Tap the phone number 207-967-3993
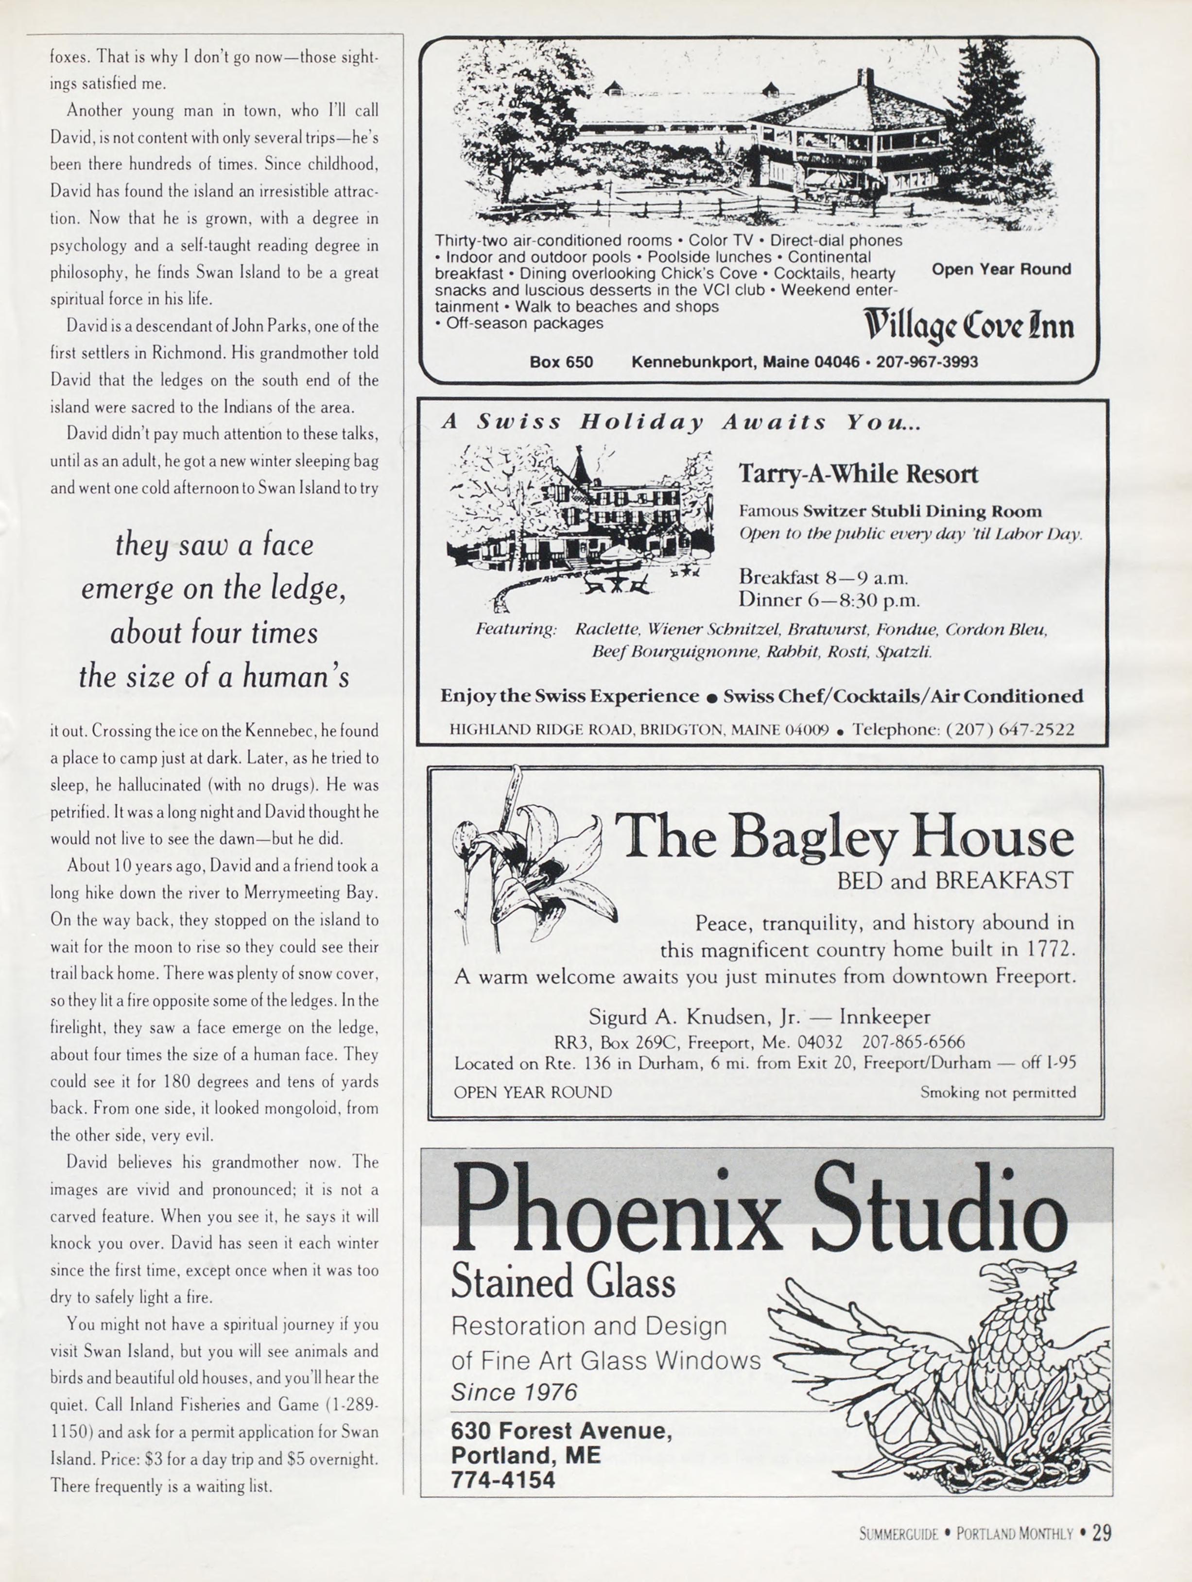tap(927, 362)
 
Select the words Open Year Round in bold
tap(1001, 269)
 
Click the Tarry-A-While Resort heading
tap(858, 474)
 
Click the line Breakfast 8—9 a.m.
tap(824, 577)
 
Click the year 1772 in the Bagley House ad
tap(1050, 950)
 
